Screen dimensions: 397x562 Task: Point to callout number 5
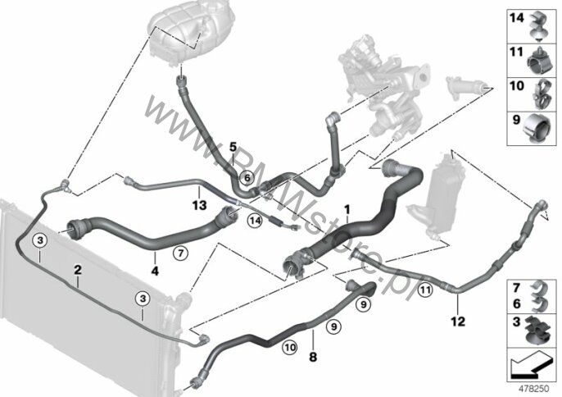[x=233, y=147]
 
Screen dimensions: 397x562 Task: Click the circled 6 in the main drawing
[x=245, y=176]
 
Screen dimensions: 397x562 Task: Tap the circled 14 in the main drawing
[x=256, y=220]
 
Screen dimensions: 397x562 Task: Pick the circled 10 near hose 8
[x=290, y=348]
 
